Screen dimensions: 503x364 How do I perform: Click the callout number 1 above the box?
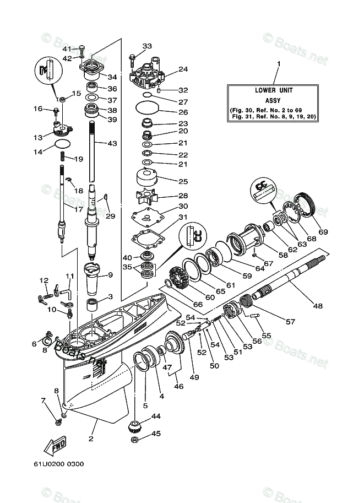[x=278, y=64]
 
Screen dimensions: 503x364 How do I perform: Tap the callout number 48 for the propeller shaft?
[x=318, y=306]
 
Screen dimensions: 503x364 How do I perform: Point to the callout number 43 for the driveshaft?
[x=112, y=143]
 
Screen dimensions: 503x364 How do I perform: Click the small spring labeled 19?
[x=63, y=158]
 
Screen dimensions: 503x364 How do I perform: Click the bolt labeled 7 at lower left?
[x=58, y=421]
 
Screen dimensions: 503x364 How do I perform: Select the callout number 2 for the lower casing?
[x=91, y=439]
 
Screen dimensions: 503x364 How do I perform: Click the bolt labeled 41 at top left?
[x=82, y=48]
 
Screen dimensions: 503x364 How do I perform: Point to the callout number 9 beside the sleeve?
[x=110, y=275]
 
